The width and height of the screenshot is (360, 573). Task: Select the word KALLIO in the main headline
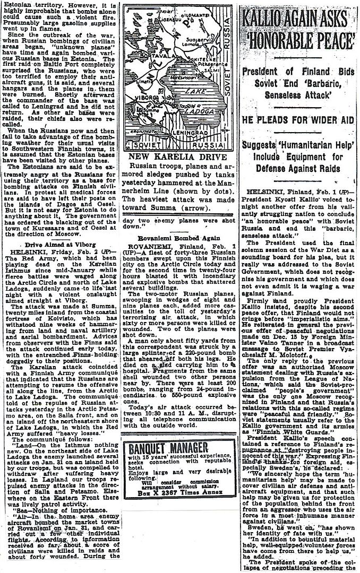click(x=265, y=20)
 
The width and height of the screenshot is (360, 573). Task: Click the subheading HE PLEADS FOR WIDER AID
click(x=298, y=120)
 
